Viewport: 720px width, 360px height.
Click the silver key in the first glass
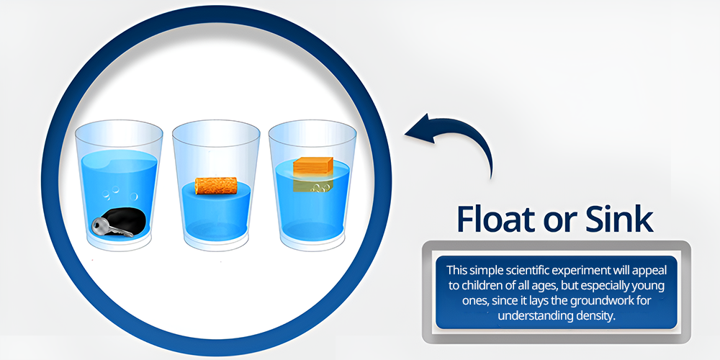[x=110, y=228]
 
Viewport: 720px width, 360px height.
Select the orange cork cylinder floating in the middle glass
[x=216, y=186]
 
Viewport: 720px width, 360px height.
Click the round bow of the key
[x=99, y=225]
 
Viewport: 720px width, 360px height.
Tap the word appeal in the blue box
[x=649, y=271]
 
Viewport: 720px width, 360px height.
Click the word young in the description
[x=651, y=286]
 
